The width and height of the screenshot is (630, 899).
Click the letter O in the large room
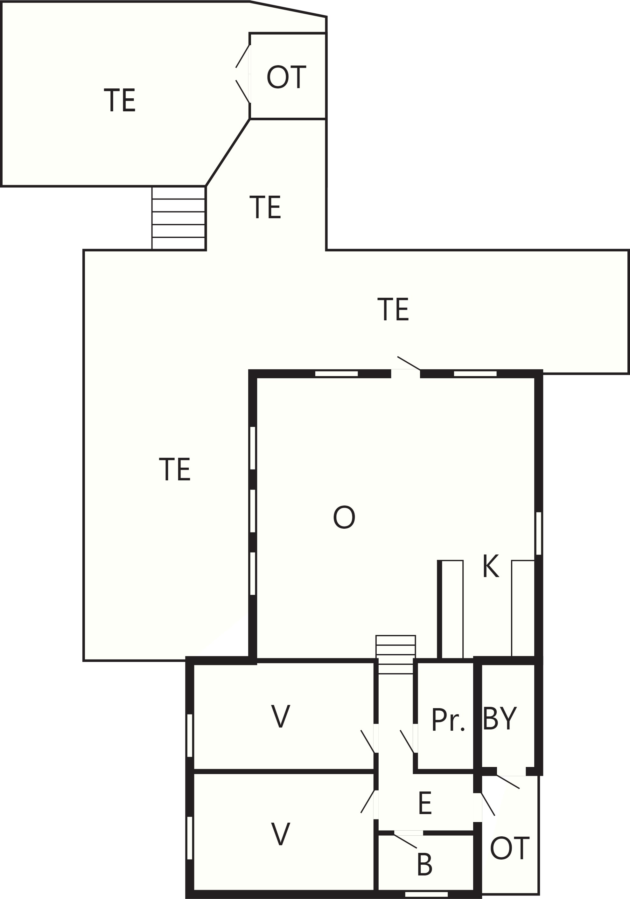pyautogui.click(x=344, y=517)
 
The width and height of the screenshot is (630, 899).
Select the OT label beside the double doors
pyautogui.click(x=286, y=77)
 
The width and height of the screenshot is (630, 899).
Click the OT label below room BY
pyautogui.click(x=510, y=848)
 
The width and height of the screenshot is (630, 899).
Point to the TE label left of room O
pyautogui.click(x=175, y=469)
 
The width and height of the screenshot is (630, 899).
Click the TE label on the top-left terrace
pyautogui.click(x=120, y=100)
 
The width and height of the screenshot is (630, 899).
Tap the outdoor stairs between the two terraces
pyautogui.click(x=178, y=218)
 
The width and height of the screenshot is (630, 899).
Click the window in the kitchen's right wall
pyautogui.click(x=538, y=533)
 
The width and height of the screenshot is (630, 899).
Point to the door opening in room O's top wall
pyautogui.click(x=406, y=373)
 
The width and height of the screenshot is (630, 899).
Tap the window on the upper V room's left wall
pyautogui.click(x=190, y=735)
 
